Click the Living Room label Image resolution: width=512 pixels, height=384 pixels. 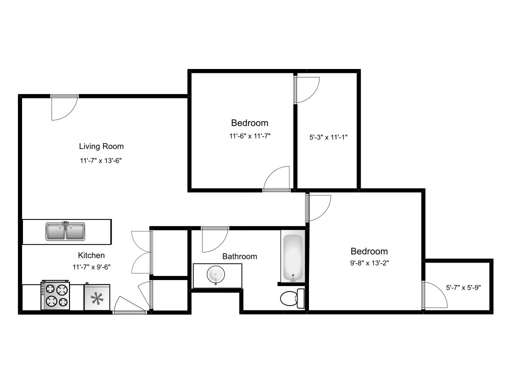tap(101, 146)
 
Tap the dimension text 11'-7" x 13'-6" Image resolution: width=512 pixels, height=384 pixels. tap(101, 160)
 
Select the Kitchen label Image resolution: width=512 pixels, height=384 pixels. tap(91, 255)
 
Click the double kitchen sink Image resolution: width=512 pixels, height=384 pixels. tap(65, 231)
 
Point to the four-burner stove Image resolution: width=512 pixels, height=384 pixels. tap(55, 295)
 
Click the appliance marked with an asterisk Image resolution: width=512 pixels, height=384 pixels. tap(96, 298)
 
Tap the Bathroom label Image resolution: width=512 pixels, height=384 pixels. tap(239, 256)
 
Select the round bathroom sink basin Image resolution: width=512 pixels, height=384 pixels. tap(216, 275)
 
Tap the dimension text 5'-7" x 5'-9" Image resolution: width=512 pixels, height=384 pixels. tap(463, 287)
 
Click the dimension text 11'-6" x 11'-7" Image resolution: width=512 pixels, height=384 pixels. tap(249, 135)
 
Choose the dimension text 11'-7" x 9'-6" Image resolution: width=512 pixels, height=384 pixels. tap(91, 267)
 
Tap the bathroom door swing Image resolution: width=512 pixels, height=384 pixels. tap(214, 240)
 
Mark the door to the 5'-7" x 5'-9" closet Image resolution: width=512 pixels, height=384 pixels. tap(434, 295)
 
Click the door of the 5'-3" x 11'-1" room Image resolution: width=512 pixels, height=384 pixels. tap(307, 90)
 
